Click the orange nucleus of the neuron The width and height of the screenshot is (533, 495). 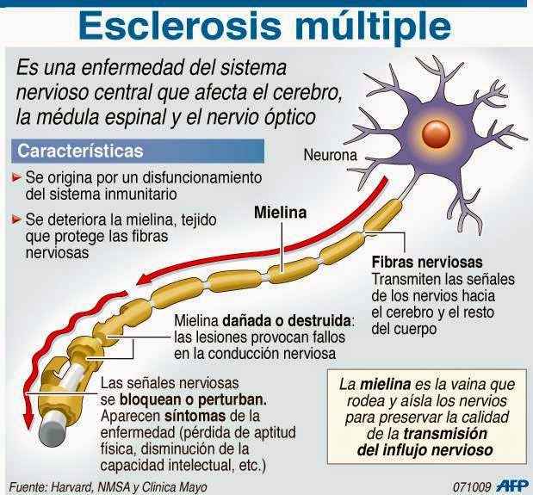[436, 133]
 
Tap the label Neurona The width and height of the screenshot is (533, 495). [330, 155]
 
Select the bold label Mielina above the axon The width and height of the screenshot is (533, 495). [281, 213]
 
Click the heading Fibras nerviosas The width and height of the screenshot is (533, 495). [427, 263]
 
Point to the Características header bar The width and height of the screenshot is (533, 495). [138, 151]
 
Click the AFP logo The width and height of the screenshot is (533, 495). [512, 486]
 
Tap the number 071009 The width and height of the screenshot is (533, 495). [472, 487]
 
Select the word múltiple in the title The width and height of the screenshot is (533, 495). [373, 27]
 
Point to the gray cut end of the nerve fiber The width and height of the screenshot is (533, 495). [52, 430]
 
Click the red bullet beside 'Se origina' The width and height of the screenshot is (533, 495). [16, 177]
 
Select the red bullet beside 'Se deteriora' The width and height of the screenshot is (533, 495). [16, 220]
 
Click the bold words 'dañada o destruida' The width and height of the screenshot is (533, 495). [287, 320]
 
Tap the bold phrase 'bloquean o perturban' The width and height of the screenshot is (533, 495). [192, 399]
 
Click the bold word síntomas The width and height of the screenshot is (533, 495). [195, 416]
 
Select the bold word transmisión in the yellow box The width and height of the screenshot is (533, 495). [445, 434]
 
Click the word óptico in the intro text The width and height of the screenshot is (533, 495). [289, 118]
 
